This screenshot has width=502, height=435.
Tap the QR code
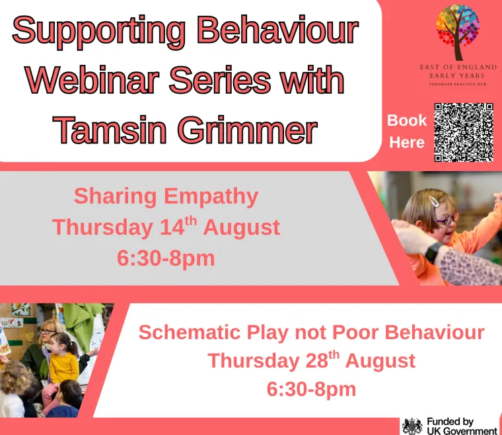point(464,132)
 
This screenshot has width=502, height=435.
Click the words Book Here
point(407,131)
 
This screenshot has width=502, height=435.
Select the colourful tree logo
point(457,31)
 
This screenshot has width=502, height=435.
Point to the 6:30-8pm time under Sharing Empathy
point(166,257)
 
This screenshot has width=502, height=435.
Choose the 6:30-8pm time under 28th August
point(311,389)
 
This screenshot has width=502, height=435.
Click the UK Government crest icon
point(412,426)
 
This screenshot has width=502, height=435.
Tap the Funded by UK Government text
point(460,426)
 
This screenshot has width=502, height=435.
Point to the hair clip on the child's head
point(435,201)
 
